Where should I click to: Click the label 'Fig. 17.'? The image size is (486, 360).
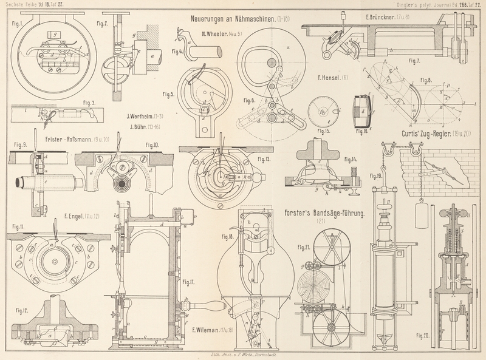pos(188,282)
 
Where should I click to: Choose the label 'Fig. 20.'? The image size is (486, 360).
pos(423,335)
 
